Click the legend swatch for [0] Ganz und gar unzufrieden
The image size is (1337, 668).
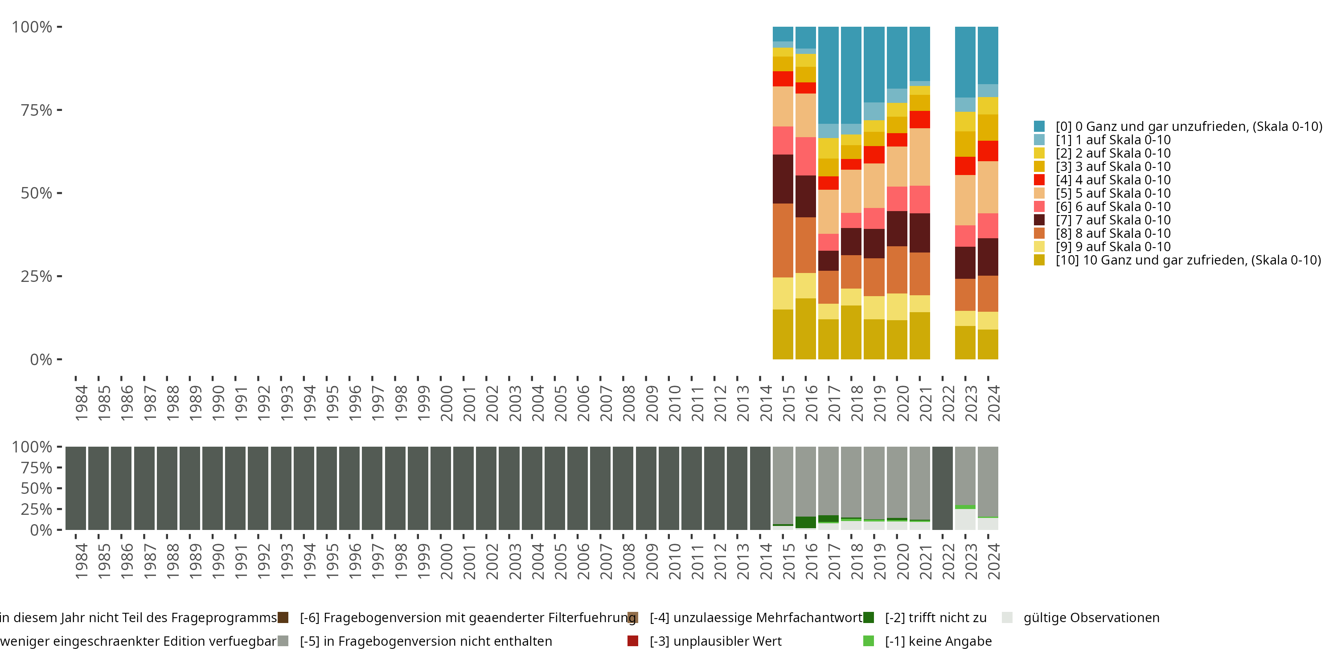[x=1039, y=126]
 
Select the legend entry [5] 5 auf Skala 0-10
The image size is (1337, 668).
[x=1113, y=193]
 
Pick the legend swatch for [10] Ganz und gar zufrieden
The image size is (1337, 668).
[x=1039, y=260]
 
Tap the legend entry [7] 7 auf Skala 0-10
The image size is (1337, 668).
[x=1113, y=220]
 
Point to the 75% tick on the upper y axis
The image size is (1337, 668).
[x=59, y=110]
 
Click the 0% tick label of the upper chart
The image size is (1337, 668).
[x=41, y=359]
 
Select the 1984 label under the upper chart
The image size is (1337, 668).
[x=82, y=403]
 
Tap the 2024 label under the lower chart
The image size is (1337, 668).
[x=993, y=561]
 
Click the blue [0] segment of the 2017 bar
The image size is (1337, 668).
[x=828, y=75]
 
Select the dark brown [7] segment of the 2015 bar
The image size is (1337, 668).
[x=783, y=179]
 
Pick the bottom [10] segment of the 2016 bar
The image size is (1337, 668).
[x=805, y=328]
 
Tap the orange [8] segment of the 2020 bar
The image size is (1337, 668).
[x=897, y=270]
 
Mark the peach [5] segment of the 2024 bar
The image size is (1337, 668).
[x=988, y=187]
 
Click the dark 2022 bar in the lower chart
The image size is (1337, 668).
[x=943, y=488]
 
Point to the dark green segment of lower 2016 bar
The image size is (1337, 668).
[x=805, y=522]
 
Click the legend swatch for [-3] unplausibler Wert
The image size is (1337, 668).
[x=633, y=641]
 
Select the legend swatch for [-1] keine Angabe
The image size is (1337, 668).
[x=868, y=641]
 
